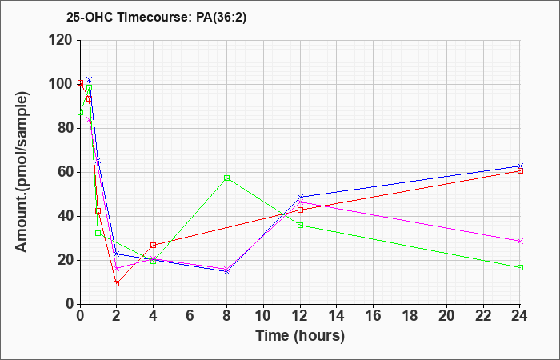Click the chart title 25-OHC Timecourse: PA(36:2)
(x=157, y=17)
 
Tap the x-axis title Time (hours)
(x=300, y=336)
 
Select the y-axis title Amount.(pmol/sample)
(x=22, y=172)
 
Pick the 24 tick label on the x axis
(x=519, y=315)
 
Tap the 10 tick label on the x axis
(x=263, y=315)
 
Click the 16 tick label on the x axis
(x=373, y=315)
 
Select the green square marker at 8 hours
(x=226, y=178)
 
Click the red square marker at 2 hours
(x=117, y=283)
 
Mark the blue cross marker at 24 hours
(x=520, y=166)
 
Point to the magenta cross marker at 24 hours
(x=520, y=242)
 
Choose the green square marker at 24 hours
(x=520, y=267)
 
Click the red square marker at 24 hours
(x=520, y=170)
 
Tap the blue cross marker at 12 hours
(x=300, y=197)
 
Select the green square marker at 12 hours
(x=300, y=226)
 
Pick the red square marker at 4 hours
(x=154, y=246)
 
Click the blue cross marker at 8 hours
(x=226, y=272)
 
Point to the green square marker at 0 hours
(x=80, y=113)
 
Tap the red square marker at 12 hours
(x=300, y=210)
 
